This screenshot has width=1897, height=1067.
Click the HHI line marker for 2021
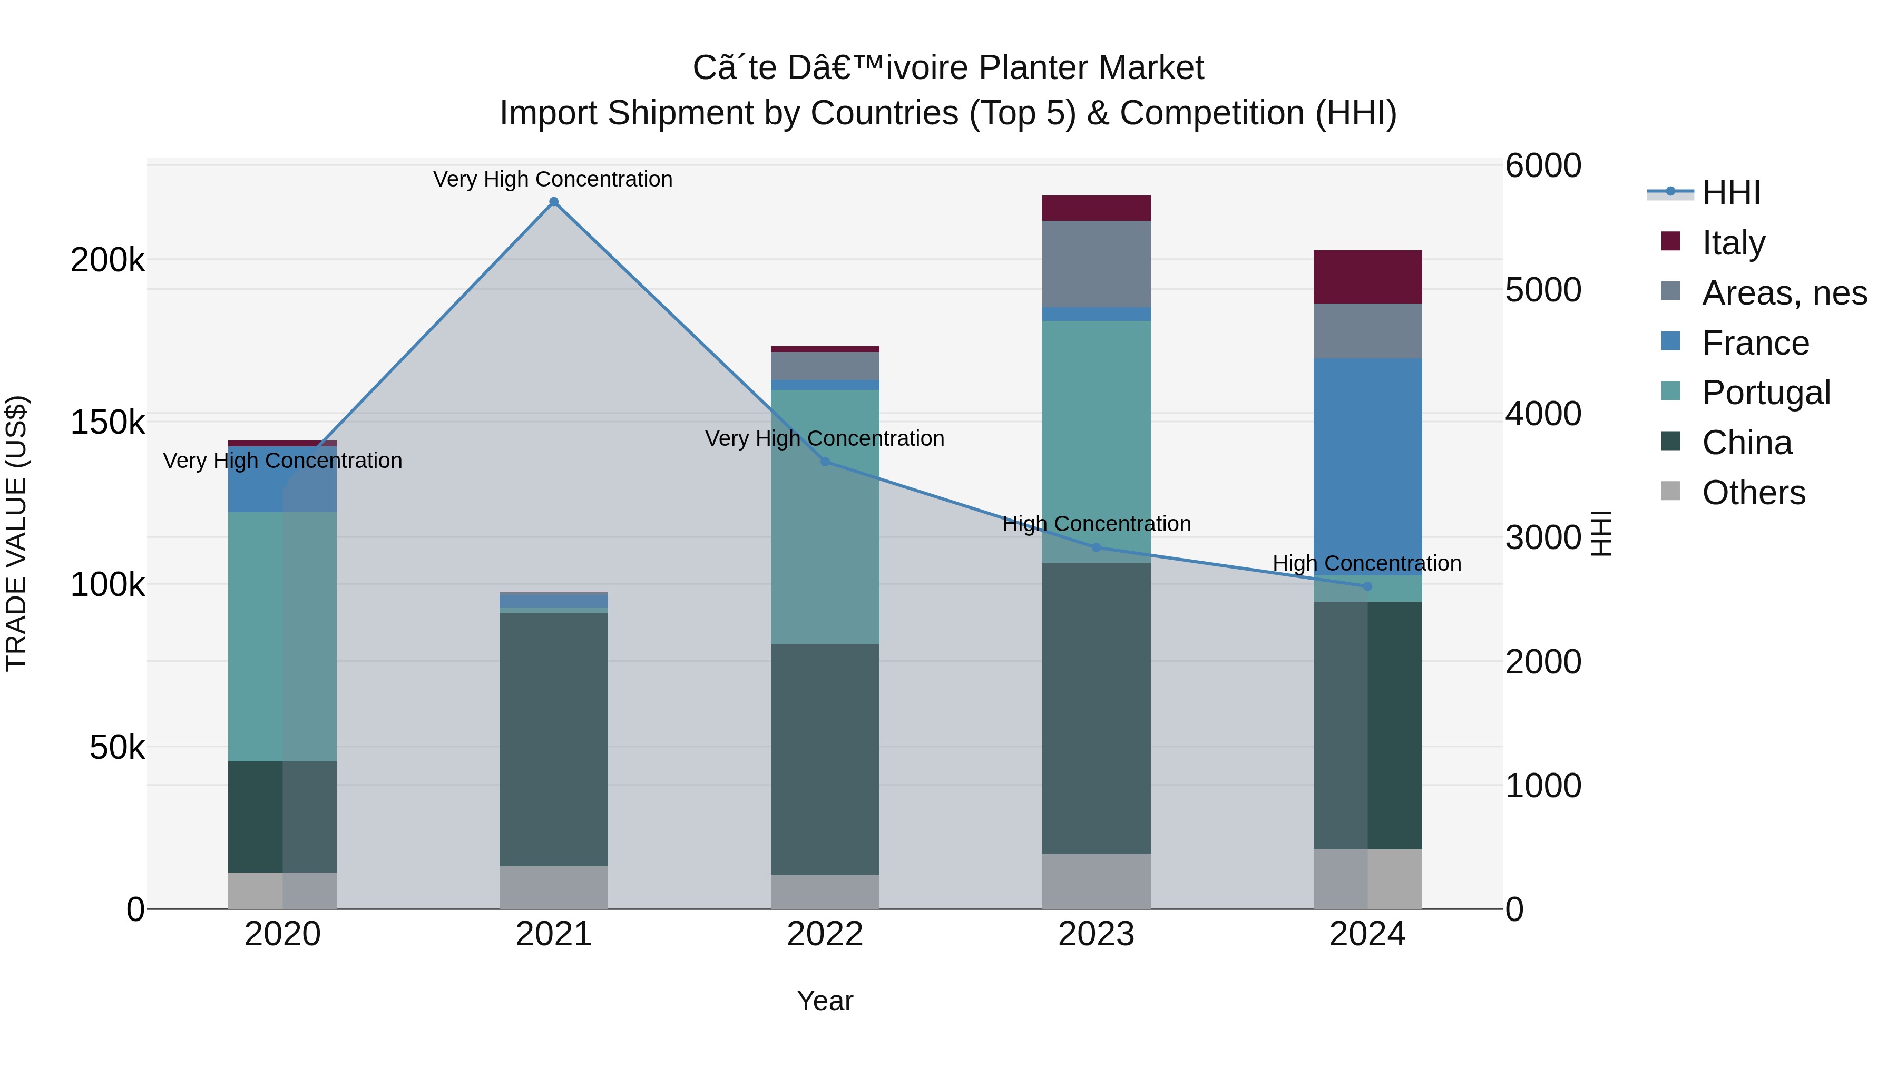[x=554, y=202]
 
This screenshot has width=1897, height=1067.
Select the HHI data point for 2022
[x=825, y=462]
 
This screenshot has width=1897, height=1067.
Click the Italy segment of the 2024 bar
[x=1367, y=277]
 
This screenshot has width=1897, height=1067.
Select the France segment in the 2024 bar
[x=1367, y=467]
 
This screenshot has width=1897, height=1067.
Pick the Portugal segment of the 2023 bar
[x=1096, y=442]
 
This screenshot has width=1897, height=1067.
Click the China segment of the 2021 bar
[x=554, y=739]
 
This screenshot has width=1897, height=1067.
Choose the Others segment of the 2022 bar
[x=825, y=892]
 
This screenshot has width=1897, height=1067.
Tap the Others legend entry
[x=1734, y=493]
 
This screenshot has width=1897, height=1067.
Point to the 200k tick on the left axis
[x=107, y=260]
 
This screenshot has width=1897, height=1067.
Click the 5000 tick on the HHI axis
[x=1543, y=289]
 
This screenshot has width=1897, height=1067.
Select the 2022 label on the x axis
[x=825, y=934]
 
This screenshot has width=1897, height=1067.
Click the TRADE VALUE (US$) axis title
[x=16, y=533]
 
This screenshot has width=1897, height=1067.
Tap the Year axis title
[x=825, y=1001]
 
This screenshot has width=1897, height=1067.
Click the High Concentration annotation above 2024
[x=1367, y=563]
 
